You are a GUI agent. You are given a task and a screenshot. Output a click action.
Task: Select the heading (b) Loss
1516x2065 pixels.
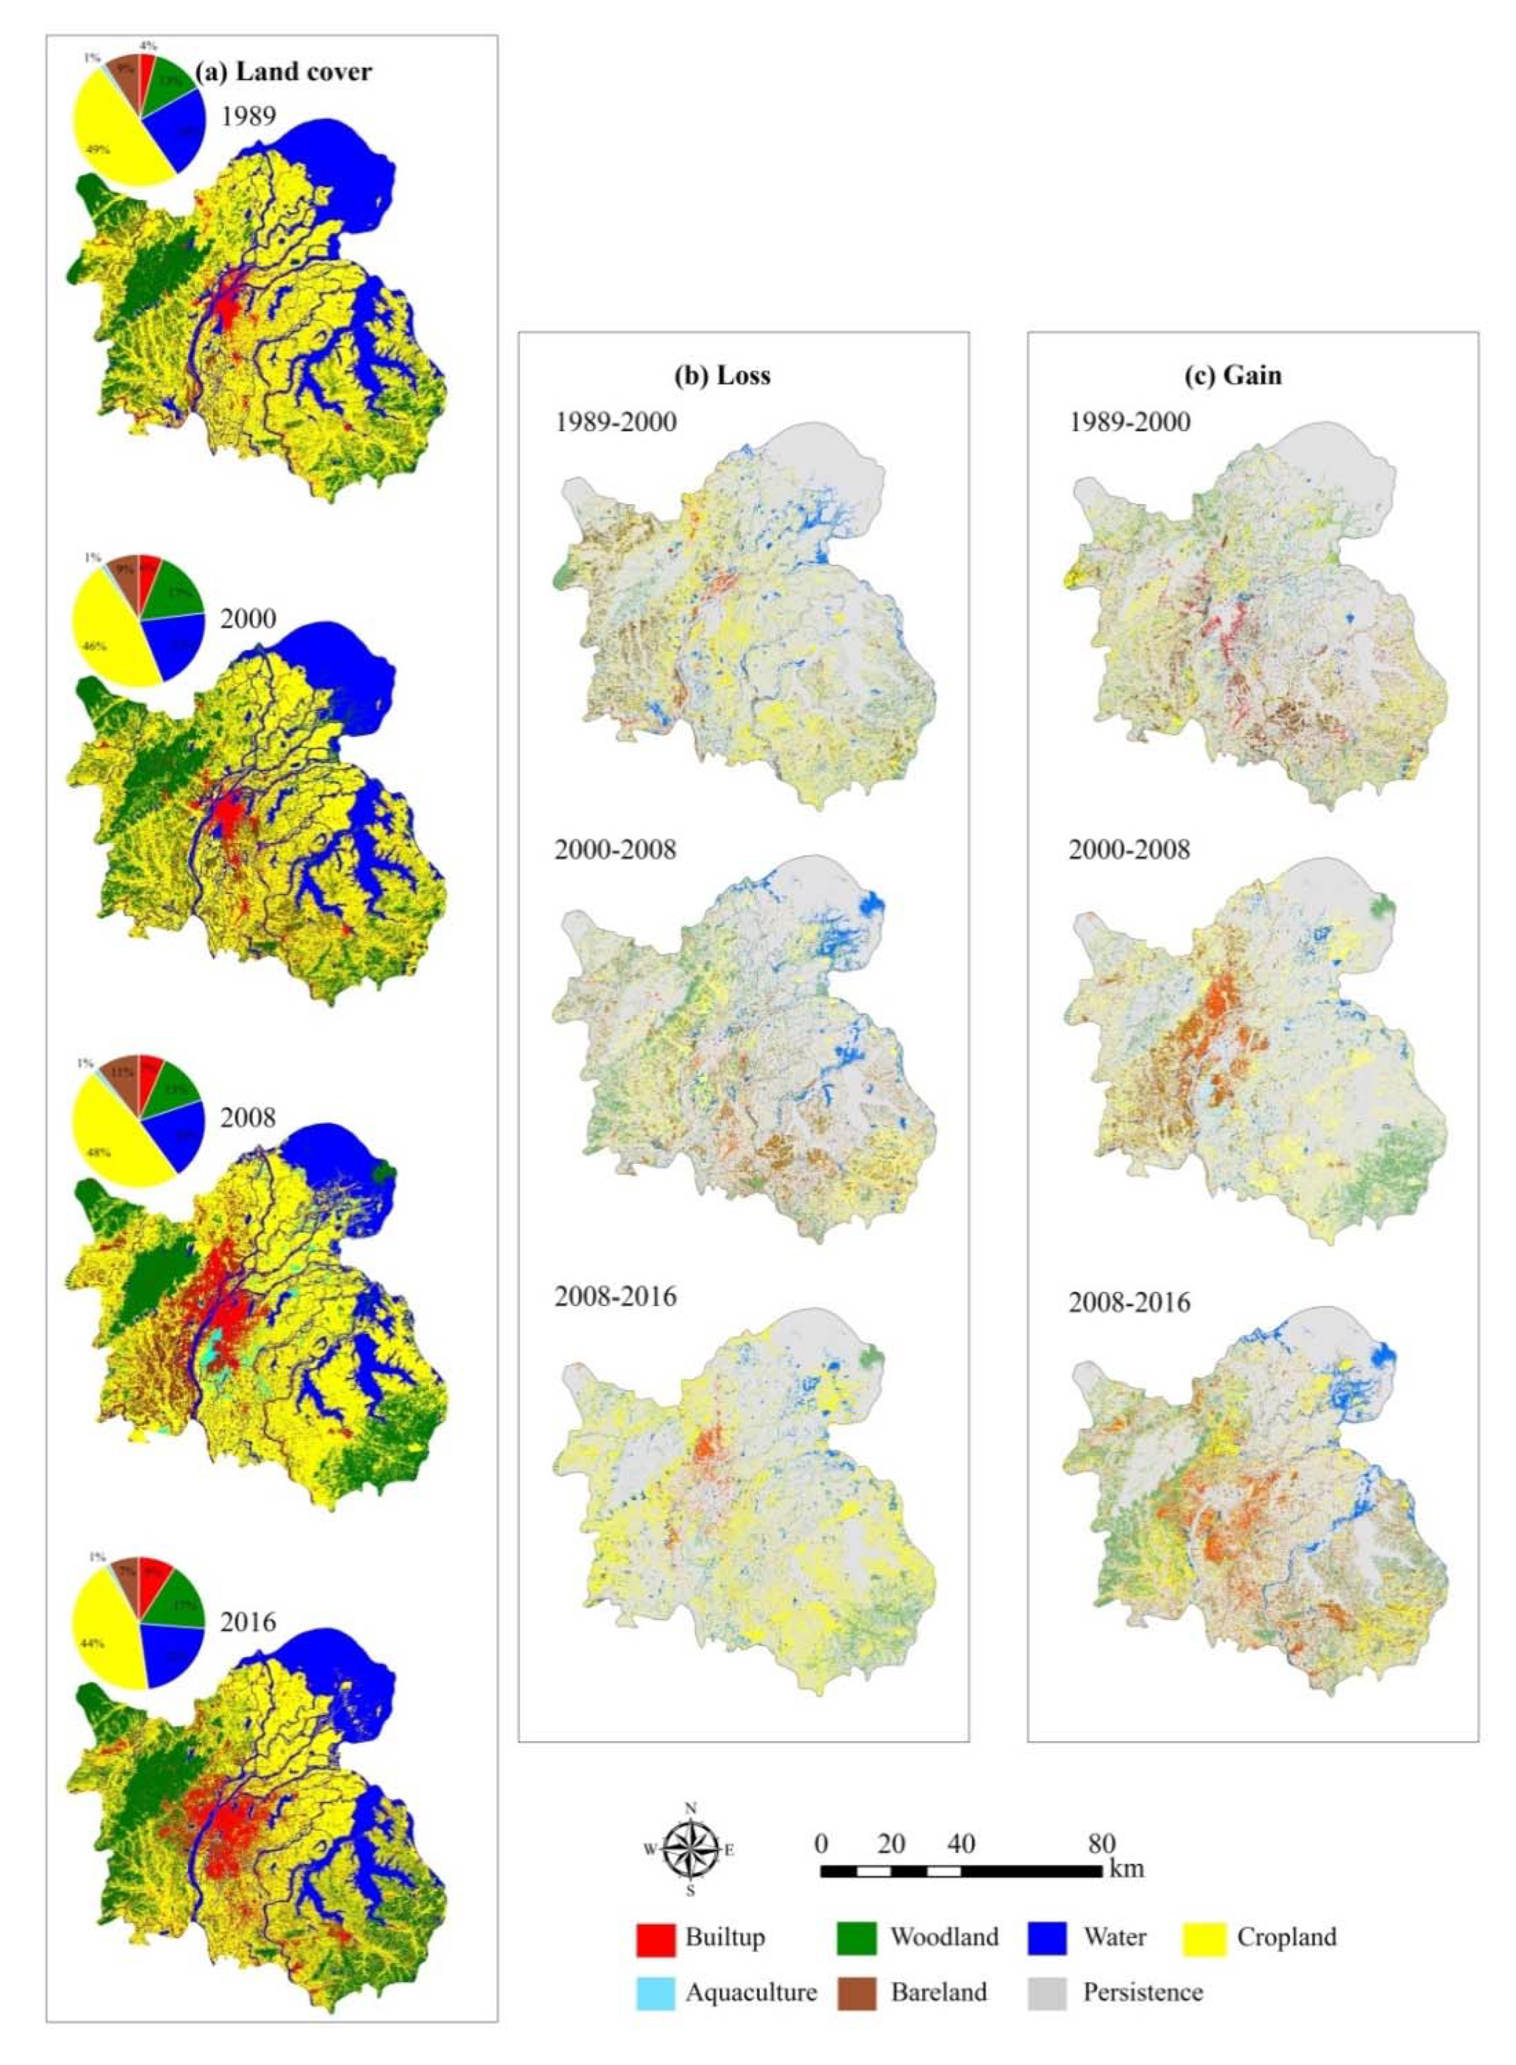pyautogui.click(x=722, y=376)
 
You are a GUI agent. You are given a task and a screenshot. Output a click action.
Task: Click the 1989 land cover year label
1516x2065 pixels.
pyautogui.click(x=248, y=116)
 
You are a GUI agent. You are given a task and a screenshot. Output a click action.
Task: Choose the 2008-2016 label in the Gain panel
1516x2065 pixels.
pyautogui.click(x=1129, y=1302)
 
